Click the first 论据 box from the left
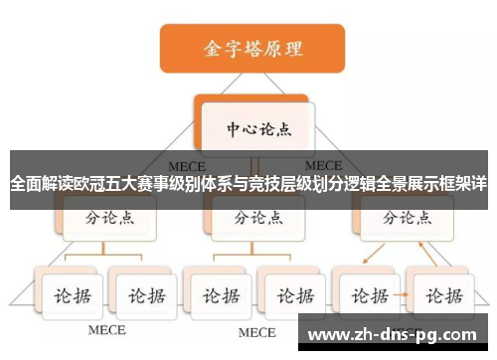click(x=71, y=296)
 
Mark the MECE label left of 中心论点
click(x=186, y=165)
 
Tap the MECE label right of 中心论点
click(x=323, y=165)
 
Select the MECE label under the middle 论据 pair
click(x=255, y=331)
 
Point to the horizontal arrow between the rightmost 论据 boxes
click(x=403, y=296)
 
